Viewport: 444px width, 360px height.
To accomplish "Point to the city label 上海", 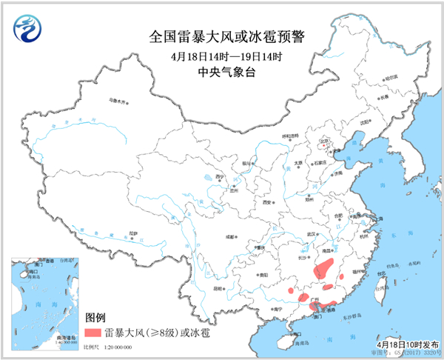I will click(368, 220).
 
